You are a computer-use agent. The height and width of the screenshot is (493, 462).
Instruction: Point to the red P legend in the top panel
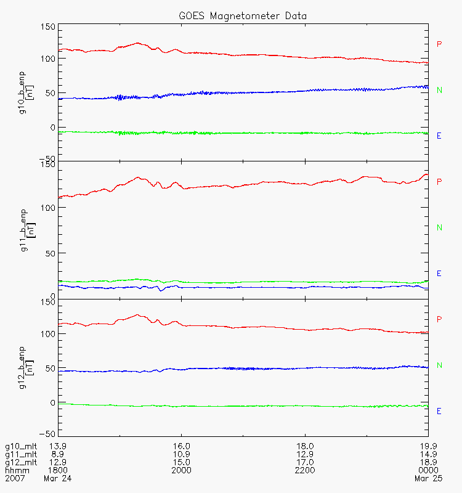(x=439, y=44)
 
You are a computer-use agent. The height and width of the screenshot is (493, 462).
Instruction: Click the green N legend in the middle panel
(x=439, y=227)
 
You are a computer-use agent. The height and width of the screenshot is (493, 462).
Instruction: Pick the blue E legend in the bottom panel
(x=439, y=411)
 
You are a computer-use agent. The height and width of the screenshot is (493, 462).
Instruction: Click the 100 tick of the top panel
(x=48, y=59)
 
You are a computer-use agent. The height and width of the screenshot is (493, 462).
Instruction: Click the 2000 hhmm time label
(x=182, y=470)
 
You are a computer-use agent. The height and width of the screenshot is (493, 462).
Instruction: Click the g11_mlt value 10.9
(x=182, y=454)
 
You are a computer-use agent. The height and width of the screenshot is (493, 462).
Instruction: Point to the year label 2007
(x=14, y=478)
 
